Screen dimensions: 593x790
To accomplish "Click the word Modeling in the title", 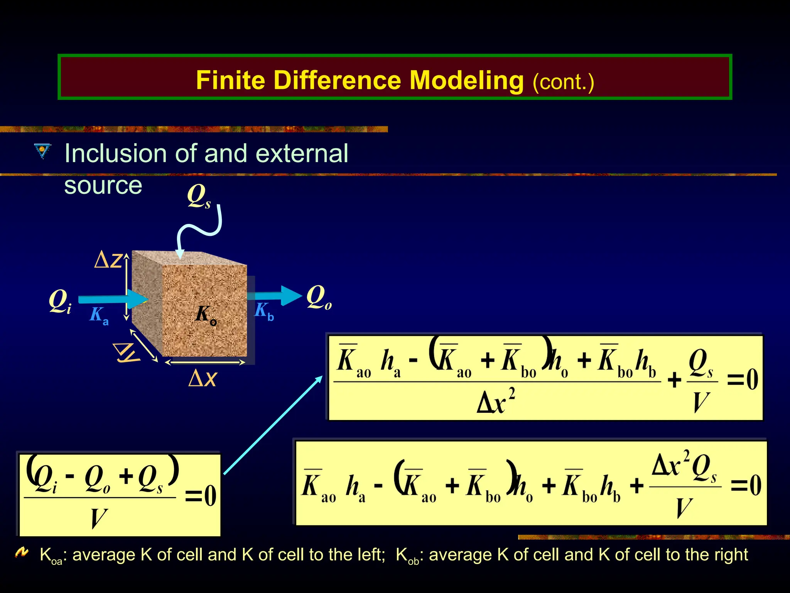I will pyautogui.click(x=466, y=80).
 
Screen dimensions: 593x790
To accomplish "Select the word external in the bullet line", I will pyautogui.click(x=302, y=154).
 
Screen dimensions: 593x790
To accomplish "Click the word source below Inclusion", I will pyautogui.click(x=103, y=186).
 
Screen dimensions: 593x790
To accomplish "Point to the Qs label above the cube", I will pyautogui.click(x=199, y=196).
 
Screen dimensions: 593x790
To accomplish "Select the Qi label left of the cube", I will pyautogui.click(x=60, y=302).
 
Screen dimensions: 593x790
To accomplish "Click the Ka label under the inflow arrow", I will pyautogui.click(x=99, y=315).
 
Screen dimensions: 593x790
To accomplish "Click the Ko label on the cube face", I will pyautogui.click(x=206, y=315).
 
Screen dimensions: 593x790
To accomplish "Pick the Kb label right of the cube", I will pyautogui.click(x=264, y=311).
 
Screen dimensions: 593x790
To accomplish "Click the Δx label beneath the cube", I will pyautogui.click(x=203, y=378).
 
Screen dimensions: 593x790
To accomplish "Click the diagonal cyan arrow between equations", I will pyautogui.click(x=273, y=425).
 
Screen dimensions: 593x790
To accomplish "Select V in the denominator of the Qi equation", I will pyautogui.click(x=98, y=518).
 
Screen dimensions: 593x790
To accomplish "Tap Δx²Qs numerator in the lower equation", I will pyautogui.click(x=685, y=466).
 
